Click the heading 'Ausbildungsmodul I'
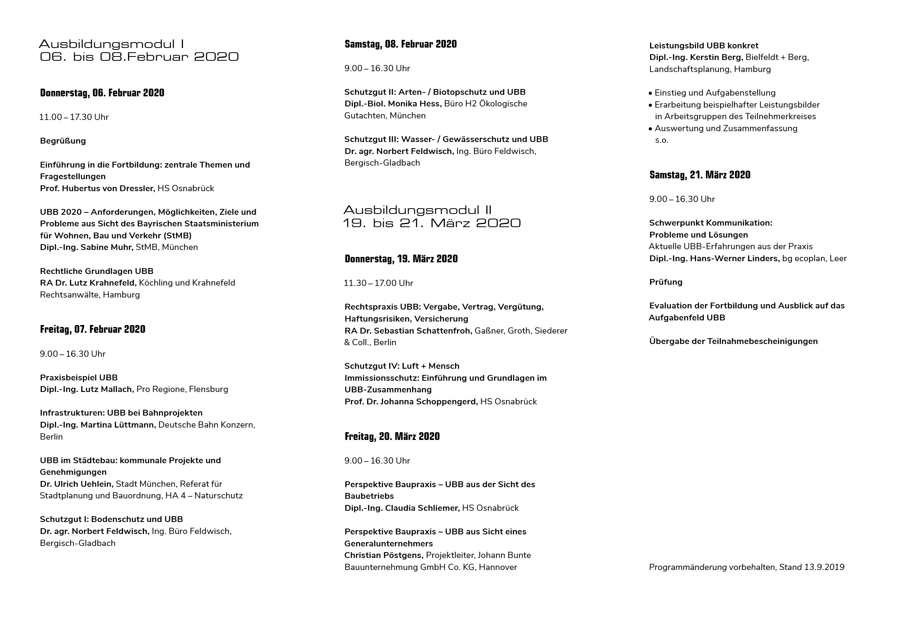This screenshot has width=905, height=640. [111, 44]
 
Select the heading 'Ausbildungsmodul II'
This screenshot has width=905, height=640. [417, 210]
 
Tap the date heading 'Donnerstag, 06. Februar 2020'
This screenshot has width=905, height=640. [102, 93]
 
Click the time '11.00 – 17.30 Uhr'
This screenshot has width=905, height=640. [74, 117]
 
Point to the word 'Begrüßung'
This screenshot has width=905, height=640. [63, 141]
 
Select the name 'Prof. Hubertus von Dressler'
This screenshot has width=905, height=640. [98, 188]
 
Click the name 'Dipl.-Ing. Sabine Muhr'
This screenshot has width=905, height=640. [86, 248]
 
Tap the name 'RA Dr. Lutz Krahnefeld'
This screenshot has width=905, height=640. [88, 283]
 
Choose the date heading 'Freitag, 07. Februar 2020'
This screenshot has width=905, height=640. [92, 329]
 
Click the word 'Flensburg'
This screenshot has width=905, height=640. [209, 389]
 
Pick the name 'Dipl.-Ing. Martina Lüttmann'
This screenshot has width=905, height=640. [98, 425]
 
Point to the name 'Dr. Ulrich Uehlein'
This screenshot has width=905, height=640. [77, 484]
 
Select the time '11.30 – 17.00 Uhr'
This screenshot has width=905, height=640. [378, 283]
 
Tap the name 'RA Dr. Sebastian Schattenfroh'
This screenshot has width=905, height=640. [408, 330]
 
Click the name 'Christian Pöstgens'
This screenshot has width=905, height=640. [383, 555]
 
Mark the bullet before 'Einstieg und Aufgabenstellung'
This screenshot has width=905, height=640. [650, 93]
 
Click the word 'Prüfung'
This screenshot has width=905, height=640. [666, 282]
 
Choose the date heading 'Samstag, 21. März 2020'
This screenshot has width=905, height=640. [700, 175]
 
